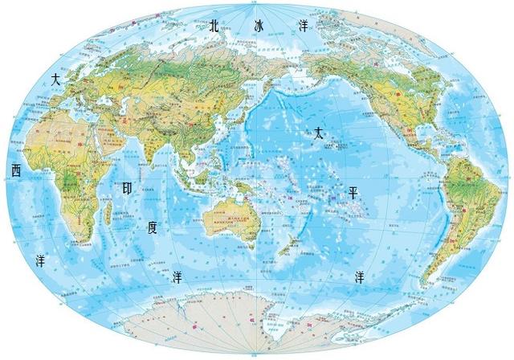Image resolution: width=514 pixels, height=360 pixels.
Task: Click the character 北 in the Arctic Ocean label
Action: [214, 26]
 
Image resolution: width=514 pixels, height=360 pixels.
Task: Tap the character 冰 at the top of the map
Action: [258, 26]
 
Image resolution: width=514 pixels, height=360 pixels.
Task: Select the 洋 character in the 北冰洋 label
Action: [304, 26]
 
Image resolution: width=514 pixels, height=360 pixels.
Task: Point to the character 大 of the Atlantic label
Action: [55, 80]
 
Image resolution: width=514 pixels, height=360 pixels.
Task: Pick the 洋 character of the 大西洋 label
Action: [40, 260]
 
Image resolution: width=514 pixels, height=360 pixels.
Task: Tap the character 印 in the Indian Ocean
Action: [126, 189]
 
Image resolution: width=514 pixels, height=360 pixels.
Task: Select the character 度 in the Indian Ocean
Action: [153, 227]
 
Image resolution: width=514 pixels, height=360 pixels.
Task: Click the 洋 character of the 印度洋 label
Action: [178, 277]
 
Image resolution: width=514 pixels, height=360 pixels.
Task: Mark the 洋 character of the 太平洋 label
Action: [361, 277]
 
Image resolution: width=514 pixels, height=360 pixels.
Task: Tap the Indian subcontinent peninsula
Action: [153, 145]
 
